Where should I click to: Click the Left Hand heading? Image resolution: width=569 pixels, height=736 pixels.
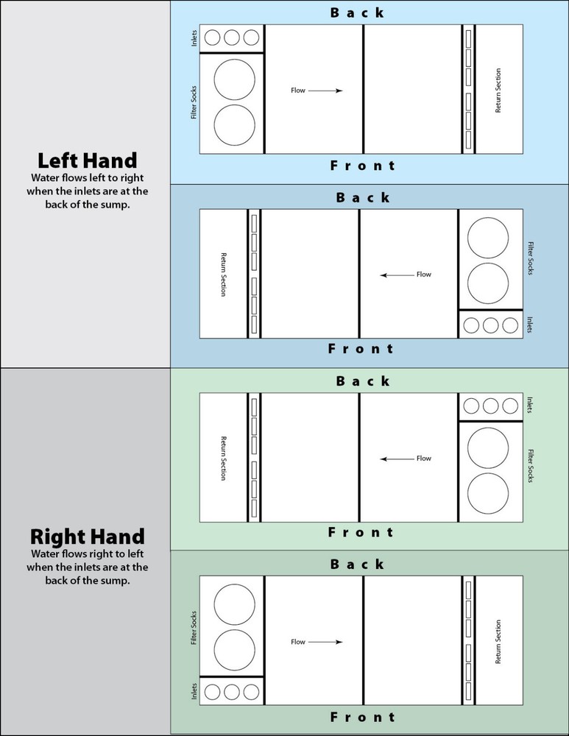click(88, 160)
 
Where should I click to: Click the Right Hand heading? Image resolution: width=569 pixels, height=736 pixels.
click(88, 537)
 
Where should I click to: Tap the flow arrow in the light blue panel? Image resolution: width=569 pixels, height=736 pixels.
click(325, 91)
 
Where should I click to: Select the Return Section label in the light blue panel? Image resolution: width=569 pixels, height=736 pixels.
click(498, 91)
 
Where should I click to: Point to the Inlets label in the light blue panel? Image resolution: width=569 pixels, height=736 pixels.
click(194, 38)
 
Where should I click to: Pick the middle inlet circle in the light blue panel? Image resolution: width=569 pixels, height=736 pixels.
click(231, 38)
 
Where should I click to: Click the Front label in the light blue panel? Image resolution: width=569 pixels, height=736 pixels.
click(362, 165)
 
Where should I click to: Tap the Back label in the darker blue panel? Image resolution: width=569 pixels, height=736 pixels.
click(363, 197)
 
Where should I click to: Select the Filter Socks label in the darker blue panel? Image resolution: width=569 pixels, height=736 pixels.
click(531, 258)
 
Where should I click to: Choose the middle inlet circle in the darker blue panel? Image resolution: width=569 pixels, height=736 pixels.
click(490, 325)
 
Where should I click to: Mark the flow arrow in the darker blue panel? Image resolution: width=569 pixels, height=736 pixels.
click(397, 275)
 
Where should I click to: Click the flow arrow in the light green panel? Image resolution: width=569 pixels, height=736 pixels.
click(397, 459)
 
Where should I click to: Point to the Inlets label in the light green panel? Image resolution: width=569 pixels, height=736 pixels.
click(530, 405)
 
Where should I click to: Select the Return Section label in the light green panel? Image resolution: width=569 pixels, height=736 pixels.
click(224, 458)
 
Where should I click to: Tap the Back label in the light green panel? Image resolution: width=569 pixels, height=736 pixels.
click(363, 381)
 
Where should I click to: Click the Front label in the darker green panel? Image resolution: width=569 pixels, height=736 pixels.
click(362, 717)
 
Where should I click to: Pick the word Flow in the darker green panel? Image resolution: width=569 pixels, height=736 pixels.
click(298, 642)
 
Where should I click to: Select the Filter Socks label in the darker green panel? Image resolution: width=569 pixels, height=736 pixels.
click(194, 628)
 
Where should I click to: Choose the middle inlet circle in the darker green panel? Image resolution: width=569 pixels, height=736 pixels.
click(231, 691)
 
